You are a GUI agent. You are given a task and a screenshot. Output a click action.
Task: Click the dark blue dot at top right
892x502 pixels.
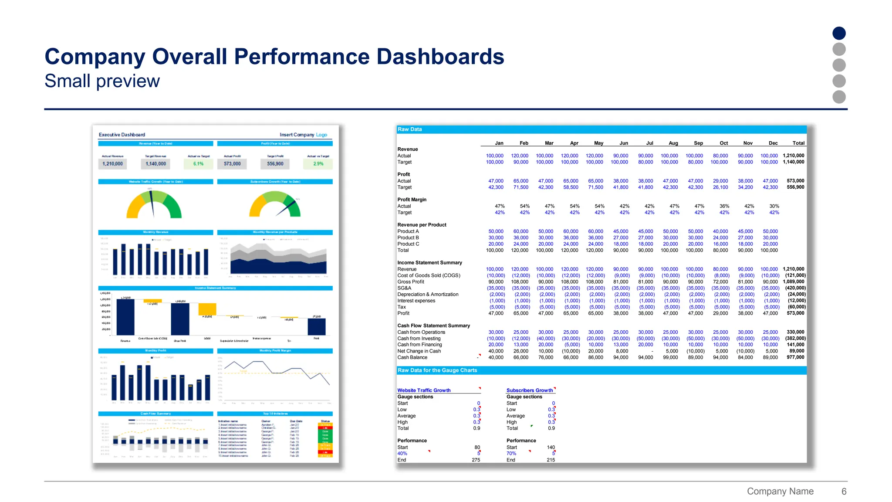[x=839, y=33]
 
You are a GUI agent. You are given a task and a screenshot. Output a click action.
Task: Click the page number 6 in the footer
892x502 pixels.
[x=844, y=491]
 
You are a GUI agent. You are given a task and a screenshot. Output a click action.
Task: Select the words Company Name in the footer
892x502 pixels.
[x=780, y=491]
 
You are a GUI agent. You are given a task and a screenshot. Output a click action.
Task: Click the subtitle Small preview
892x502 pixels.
[x=102, y=81]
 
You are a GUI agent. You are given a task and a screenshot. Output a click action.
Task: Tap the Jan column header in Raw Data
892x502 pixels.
[x=499, y=143]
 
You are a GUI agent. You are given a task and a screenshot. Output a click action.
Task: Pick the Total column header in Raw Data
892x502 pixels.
[x=798, y=143]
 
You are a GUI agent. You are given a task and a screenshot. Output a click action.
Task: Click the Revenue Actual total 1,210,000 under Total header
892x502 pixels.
[x=794, y=156]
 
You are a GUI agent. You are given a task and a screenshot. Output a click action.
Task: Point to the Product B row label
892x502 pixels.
[x=408, y=237]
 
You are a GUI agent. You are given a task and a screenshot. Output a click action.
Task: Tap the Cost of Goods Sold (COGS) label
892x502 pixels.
[x=429, y=275]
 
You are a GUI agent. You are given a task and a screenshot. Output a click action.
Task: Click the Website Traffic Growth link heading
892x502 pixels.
[x=424, y=390]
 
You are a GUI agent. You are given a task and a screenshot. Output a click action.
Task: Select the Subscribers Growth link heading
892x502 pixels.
[x=530, y=390]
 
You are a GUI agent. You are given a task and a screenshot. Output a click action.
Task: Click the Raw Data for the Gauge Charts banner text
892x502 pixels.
[x=437, y=370]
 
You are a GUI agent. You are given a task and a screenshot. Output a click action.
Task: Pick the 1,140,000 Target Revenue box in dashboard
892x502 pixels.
[x=156, y=164]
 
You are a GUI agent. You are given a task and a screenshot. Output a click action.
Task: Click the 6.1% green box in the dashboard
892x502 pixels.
[x=199, y=164]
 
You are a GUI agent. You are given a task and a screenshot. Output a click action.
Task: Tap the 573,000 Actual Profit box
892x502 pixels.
[x=232, y=164]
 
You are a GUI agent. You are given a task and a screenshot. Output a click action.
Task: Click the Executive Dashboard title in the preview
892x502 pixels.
[x=122, y=135]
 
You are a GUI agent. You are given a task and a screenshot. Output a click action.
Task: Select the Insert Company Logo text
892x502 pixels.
[x=303, y=135]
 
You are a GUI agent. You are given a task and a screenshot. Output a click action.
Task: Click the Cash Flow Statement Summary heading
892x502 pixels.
[x=433, y=326]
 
